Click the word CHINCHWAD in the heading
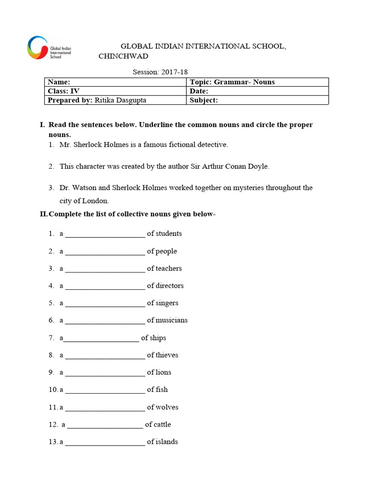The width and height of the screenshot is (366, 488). (x=123, y=56)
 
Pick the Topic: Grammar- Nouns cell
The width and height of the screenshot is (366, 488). (x=232, y=82)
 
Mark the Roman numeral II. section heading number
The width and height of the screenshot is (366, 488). (x=43, y=214)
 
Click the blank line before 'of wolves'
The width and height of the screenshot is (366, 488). (x=105, y=408)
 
